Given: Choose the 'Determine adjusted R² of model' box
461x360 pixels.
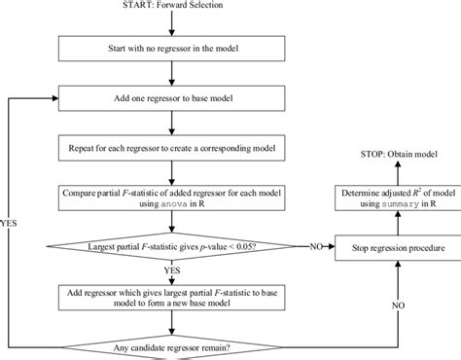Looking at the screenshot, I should pos(392,198).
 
